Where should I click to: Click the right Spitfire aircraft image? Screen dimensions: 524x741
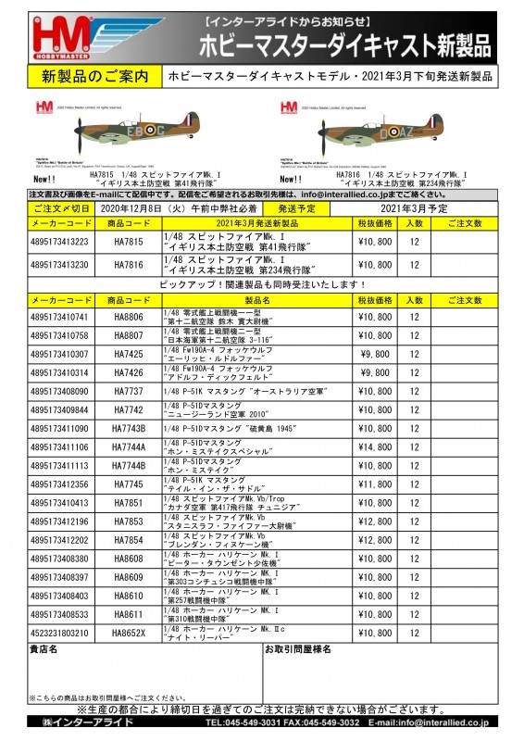coord(374,132)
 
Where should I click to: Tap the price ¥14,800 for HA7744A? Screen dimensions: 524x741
coord(375,446)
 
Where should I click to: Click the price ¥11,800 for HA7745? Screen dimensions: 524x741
coord(375,484)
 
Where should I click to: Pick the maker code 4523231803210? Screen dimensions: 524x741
coord(60,633)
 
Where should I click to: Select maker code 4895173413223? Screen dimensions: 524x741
coord(60,243)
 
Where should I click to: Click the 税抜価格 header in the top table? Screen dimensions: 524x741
coord(375,223)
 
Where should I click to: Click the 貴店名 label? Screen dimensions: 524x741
coord(44,650)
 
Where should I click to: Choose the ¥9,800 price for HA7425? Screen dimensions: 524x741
coord(375,354)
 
